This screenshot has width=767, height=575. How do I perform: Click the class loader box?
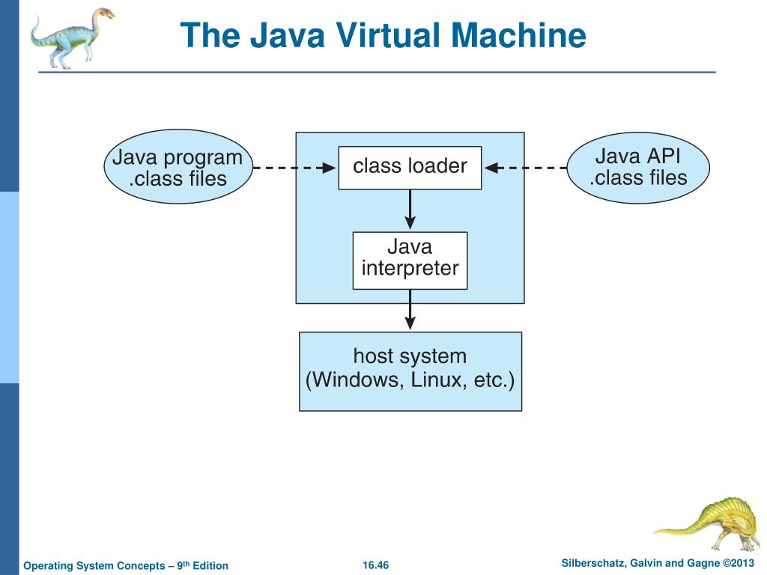point(410,167)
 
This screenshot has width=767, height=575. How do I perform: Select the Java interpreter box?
point(410,260)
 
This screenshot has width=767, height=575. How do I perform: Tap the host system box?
point(410,371)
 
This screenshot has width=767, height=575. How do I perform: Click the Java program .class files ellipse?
point(177,168)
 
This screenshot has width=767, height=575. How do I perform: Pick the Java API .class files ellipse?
point(637,168)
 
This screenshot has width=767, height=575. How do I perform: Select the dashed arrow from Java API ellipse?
point(524,168)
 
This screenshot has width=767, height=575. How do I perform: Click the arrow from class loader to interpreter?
point(410,210)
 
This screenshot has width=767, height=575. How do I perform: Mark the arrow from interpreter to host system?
point(410,310)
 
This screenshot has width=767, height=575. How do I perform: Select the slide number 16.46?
point(376,565)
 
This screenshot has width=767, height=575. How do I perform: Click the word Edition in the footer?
point(210,565)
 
